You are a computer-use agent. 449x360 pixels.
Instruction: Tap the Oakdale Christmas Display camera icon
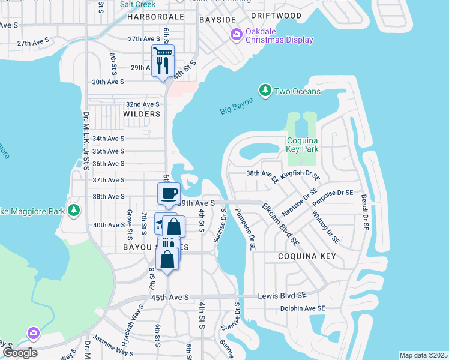237,35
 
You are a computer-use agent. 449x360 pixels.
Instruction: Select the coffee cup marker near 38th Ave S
169,194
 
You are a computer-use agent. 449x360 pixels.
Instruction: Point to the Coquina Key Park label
302,144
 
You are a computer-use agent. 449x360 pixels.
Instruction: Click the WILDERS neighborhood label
142,114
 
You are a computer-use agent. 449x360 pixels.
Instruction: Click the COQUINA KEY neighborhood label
301,256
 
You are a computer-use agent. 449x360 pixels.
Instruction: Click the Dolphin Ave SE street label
302,308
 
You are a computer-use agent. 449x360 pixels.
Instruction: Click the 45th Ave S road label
170,297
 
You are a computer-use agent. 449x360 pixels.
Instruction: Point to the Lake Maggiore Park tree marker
74,210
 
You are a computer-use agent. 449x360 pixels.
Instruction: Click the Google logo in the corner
20,352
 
